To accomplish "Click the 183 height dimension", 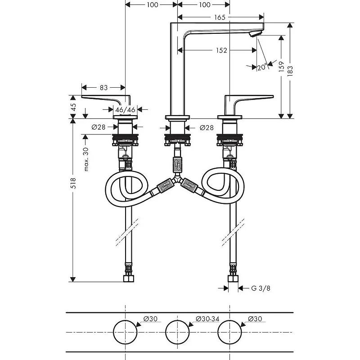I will [290, 70].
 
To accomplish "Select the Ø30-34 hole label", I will [207, 319].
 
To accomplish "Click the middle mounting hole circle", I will [178, 332].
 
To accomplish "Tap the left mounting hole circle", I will [125, 332].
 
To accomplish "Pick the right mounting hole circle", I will [230, 332].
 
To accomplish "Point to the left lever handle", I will [106, 99].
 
